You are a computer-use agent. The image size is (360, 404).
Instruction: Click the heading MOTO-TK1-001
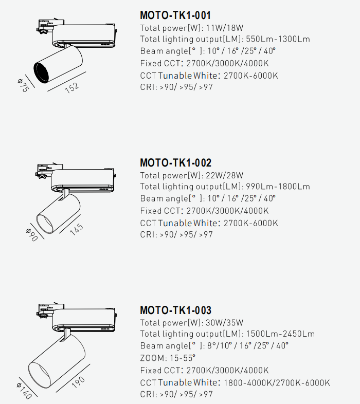click(175, 15)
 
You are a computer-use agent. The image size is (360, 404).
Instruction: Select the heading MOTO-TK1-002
click(175, 163)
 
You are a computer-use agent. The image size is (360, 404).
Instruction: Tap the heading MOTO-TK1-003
click(175, 310)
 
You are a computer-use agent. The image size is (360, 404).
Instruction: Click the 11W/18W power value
click(224, 28)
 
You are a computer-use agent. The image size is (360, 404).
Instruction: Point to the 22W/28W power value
click(224, 175)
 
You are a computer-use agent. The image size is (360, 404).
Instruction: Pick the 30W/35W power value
click(224, 323)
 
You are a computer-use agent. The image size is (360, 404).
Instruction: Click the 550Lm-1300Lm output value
click(278, 39)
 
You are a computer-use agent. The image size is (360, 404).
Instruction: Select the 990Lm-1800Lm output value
click(278, 187)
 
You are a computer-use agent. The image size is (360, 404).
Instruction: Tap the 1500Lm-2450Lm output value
click(280, 334)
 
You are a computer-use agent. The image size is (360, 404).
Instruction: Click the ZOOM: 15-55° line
click(168, 358)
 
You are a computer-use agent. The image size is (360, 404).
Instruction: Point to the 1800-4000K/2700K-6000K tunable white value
click(277, 382)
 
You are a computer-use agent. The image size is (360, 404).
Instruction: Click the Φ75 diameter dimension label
click(24, 85)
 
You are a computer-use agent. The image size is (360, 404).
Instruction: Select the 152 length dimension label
click(72, 87)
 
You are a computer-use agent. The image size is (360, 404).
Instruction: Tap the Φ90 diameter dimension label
click(32, 234)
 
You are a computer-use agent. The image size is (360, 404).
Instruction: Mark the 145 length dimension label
click(77, 229)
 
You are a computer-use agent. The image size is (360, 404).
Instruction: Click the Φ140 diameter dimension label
click(25, 391)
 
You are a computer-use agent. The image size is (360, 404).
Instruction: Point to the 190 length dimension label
click(78, 382)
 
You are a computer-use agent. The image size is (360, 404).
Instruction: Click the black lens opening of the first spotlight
click(41, 72)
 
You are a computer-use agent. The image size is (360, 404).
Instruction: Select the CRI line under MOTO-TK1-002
click(176, 234)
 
